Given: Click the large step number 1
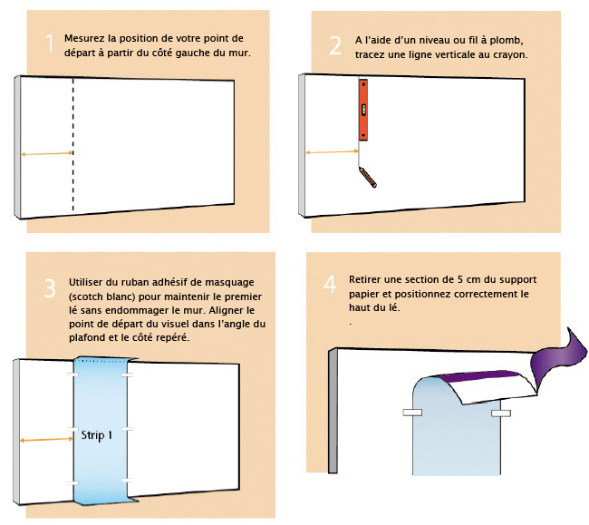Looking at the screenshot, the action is point(50,43).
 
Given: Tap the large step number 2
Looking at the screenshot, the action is point(335,45).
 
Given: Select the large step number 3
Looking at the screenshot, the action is point(50,288).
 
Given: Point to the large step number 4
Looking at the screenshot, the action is point(330,284).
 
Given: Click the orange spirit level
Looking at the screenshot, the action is point(362,110).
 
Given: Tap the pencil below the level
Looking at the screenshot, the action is point(368,178).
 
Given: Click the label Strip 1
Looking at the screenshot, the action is point(97,435).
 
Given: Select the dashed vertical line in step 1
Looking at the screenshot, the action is point(72,145).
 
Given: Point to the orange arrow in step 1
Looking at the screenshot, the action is point(46,153).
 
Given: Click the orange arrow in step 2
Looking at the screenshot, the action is point(332,151).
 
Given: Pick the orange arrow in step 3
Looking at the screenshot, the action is point(46,440).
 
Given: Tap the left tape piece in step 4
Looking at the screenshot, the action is point(412,413).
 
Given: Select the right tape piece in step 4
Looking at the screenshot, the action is point(501,413).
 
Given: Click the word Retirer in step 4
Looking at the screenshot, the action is point(362,279).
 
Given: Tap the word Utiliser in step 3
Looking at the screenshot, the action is point(83,282).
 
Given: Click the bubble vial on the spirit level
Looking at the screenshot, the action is point(362,110).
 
